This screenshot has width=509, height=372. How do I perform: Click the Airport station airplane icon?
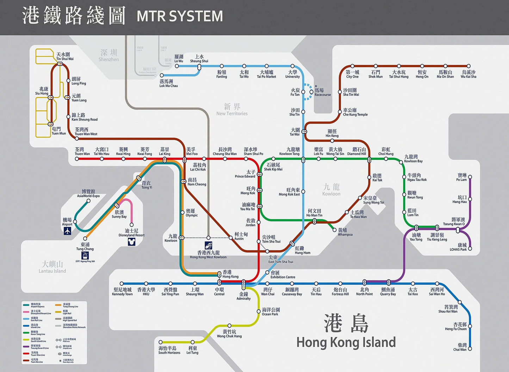click(67, 231)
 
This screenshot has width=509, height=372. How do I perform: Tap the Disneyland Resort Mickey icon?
click(131, 242)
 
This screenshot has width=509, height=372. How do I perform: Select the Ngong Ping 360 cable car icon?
click(85, 255)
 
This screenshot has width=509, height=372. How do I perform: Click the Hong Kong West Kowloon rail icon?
click(209, 246)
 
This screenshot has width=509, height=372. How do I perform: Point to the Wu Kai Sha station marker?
click(468, 66)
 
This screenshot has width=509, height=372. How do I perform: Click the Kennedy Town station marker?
click(122, 283)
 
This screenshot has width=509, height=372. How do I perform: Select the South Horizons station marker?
click(161, 342)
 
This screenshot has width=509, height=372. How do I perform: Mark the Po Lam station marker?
click(470, 177)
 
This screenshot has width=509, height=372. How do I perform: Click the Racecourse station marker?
click(311, 92)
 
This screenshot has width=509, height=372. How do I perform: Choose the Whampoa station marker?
click(335, 230)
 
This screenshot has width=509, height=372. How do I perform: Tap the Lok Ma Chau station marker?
click(162, 75)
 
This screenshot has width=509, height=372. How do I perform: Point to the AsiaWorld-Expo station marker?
click(88, 201)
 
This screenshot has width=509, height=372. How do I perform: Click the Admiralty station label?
click(243, 296)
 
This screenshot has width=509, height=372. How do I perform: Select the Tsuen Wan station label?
click(82, 151)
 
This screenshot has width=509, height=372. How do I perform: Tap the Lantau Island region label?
click(52, 267)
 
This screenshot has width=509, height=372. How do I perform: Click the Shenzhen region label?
click(108, 56)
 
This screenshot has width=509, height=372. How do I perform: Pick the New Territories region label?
click(232, 109)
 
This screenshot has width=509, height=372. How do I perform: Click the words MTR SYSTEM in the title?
click(180, 16)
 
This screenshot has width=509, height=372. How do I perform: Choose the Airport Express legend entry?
click(37, 305)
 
